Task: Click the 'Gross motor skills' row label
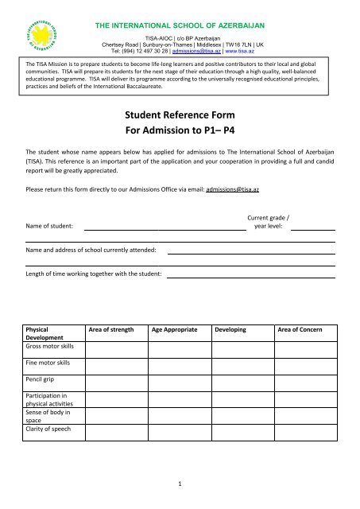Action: click(x=49, y=348)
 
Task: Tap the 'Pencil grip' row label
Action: click(x=42, y=381)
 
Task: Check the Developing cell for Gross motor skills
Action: click(x=242, y=350)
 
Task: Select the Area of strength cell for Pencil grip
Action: click(x=118, y=383)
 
